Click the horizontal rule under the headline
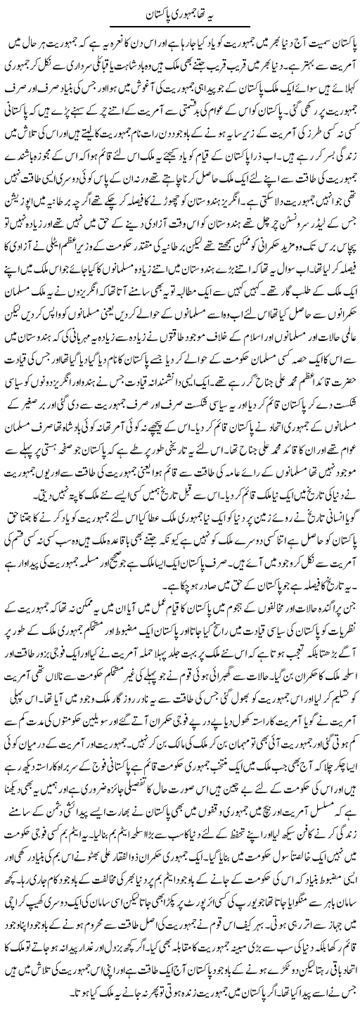point(179,27)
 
